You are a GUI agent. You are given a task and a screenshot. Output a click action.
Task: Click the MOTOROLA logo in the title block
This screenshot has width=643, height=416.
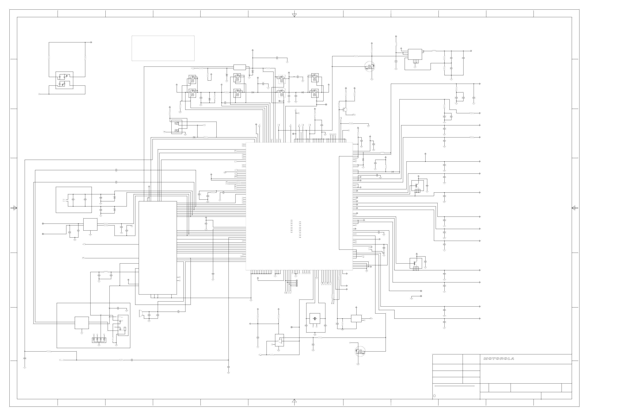coord(499,359)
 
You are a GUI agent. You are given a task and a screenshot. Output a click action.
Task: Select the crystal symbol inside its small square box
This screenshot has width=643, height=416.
coord(315,318)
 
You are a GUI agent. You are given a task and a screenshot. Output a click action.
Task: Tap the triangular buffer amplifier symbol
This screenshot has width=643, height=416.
coord(280,341)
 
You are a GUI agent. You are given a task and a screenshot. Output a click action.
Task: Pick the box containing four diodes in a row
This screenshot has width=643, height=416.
coord(99,340)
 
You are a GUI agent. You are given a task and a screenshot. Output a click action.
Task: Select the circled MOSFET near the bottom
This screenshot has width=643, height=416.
coord(360,351)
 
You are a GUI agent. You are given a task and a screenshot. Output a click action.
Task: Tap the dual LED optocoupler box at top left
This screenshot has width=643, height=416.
coord(64,80)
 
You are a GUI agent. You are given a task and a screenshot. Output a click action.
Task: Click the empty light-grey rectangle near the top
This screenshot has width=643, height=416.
coord(163,48)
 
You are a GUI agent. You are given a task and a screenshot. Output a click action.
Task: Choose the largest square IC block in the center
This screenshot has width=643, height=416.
coord(299,206)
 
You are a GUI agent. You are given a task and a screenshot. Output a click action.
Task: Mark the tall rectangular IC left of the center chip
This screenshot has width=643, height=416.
coord(158,248)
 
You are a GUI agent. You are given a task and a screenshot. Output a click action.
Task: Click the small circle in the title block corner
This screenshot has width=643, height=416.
coord(434,396)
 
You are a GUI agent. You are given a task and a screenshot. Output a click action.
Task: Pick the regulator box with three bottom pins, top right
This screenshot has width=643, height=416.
coord(415,54)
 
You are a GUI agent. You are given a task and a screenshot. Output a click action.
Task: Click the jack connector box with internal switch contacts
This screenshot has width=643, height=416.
coord(123,325)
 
